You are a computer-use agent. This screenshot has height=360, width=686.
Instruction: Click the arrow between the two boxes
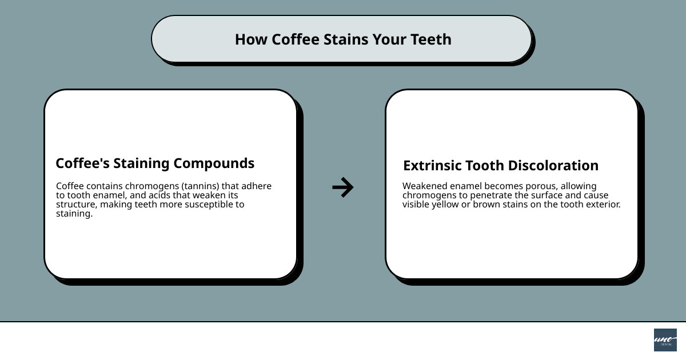click(x=343, y=187)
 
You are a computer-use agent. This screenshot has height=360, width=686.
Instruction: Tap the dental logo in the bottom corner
click(x=665, y=340)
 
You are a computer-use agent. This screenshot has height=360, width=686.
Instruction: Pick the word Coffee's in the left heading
click(x=82, y=163)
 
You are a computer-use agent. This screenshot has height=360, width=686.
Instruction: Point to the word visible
click(x=417, y=205)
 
